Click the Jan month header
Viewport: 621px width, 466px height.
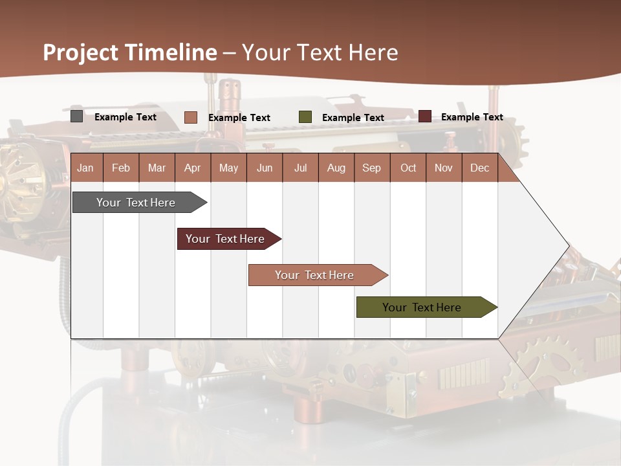pos(85,168)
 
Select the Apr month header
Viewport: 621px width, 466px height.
pos(192,168)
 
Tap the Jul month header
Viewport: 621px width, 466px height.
pos(300,168)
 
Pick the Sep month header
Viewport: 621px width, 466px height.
pos(371,168)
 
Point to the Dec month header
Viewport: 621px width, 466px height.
pos(479,168)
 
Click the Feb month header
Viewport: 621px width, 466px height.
pos(121,168)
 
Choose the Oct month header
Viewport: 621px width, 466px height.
pos(408,168)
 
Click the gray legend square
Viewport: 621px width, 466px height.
pos(77,116)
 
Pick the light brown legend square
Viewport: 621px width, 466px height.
pos(191,117)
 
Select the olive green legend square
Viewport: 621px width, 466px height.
pos(305,117)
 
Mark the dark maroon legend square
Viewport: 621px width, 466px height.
pos(425,116)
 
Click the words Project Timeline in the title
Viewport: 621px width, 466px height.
pos(129,52)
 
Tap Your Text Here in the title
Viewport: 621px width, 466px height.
pos(320,52)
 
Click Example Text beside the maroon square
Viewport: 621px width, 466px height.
pos(472,116)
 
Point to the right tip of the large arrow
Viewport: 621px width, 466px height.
pos(568,246)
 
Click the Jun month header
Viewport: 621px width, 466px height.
pos(265,168)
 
